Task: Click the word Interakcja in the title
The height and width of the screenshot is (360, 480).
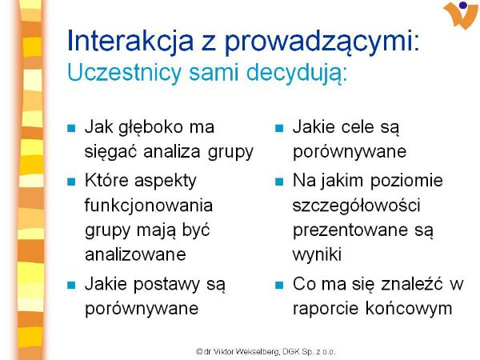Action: tap(130, 41)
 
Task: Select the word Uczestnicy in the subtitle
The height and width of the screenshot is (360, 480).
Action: tap(124, 72)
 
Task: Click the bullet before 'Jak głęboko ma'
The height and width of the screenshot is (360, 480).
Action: tap(71, 128)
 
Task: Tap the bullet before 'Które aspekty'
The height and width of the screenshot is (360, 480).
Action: tap(71, 182)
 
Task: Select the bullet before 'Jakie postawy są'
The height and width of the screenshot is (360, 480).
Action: tap(71, 285)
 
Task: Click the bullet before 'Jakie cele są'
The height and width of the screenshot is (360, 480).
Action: tap(279, 128)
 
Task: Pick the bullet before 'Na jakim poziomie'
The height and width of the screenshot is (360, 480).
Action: tap(279, 182)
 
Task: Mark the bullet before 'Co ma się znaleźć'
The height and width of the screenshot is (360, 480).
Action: tap(279, 285)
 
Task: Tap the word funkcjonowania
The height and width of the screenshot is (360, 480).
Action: tap(149, 205)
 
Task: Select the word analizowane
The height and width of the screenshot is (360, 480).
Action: tap(135, 254)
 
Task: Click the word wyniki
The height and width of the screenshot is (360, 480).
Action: tap(317, 254)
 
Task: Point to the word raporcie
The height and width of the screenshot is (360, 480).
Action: tap(326, 309)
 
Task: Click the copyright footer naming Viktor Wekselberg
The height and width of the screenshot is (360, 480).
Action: tap(266, 351)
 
